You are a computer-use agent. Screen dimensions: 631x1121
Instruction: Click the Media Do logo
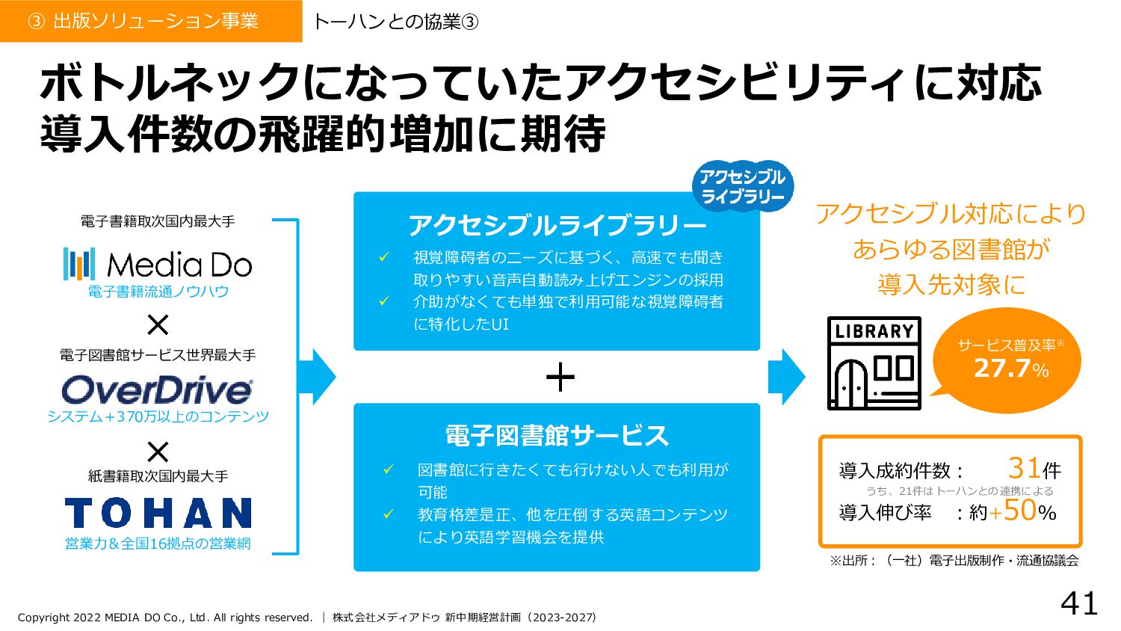(158, 265)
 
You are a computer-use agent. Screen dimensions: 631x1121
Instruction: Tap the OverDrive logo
(157, 390)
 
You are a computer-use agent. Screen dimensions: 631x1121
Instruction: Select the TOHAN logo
(158, 514)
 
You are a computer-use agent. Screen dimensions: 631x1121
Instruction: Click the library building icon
(874, 363)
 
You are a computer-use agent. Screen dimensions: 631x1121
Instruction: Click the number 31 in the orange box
(1025, 469)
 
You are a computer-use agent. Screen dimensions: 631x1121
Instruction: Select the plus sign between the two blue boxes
(560, 378)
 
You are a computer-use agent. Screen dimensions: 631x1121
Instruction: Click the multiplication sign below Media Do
(158, 324)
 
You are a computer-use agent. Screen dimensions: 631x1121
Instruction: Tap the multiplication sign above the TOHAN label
(158, 452)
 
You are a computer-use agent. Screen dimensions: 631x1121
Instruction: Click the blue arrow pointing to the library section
(786, 377)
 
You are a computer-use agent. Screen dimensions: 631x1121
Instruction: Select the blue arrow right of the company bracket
(317, 377)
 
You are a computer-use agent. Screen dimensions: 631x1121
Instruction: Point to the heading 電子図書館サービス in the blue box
(556, 435)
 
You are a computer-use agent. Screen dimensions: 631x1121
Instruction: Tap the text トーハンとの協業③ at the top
(395, 22)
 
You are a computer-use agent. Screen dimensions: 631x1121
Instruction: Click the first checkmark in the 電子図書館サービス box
(389, 470)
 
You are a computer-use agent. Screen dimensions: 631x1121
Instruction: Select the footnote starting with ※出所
(954, 560)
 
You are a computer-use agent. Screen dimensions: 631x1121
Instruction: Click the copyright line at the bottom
(306, 618)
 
